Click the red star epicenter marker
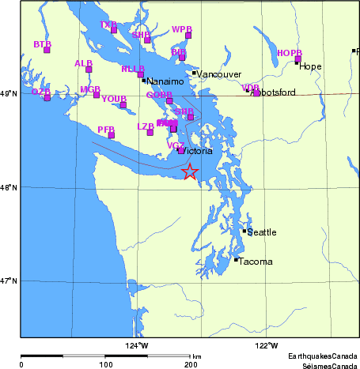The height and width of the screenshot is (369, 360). point(190,171)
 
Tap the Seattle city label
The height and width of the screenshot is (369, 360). point(262,232)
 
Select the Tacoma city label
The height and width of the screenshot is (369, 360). point(256,262)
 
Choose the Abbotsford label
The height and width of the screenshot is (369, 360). point(272,92)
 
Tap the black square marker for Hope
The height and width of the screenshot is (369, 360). point(297,62)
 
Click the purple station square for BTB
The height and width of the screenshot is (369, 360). point(47,50)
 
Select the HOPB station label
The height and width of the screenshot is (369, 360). point(290,53)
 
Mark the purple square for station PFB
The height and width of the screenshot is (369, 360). point(112,135)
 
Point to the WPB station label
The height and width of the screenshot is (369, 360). point(182,29)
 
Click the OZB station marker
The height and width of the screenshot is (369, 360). point(47,97)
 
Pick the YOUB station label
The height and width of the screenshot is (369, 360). point(114,99)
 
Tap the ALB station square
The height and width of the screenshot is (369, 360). point(89,69)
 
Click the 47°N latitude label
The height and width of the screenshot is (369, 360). point(9,281)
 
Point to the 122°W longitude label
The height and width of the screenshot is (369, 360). point(267,345)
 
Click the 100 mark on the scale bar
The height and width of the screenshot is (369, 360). point(105,364)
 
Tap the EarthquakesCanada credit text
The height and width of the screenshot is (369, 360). point(322,356)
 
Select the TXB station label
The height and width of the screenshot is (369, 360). point(108,24)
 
